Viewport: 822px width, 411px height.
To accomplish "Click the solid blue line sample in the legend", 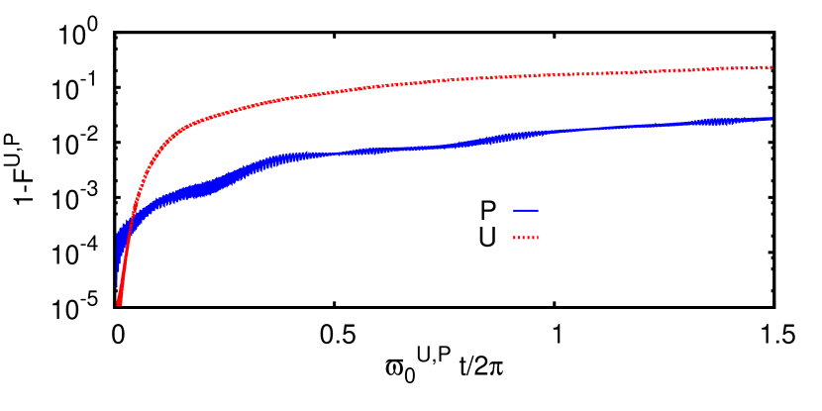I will click(526, 210).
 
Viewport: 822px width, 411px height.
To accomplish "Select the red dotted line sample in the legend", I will click(526, 238).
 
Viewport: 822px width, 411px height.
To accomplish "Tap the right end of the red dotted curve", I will click(771, 67).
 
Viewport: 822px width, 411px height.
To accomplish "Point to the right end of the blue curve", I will click(771, 119).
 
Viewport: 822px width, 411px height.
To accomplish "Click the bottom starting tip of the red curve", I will click(119, 303).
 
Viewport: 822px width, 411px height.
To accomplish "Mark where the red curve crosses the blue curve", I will click(131, 223).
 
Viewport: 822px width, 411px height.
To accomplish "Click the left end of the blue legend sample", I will click(514, 210).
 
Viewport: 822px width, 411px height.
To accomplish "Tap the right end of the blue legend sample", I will click(538, 210).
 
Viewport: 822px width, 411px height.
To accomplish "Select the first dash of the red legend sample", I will click(515, 238).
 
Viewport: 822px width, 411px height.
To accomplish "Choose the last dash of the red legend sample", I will click(537, 238).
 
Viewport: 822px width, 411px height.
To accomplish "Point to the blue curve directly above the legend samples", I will click(526, 135).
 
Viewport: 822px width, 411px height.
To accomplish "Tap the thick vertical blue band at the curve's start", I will click(120, 248).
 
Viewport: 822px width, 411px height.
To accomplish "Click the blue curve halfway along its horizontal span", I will click(446, 146).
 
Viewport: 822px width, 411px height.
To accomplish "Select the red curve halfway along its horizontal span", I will click(446, 79).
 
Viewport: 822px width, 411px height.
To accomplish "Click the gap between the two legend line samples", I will click(526, 224).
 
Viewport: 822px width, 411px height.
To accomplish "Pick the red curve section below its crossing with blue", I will click(123, 267).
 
